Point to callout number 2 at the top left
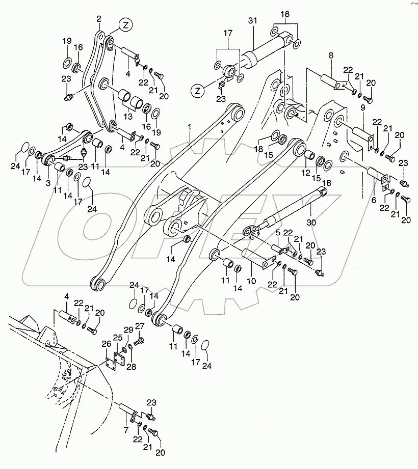[99, 19]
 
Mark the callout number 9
[363, 107]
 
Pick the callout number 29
[128, 330]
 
